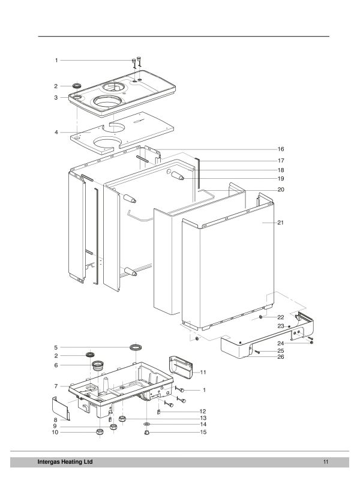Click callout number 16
click(280, 148)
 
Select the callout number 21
click(280, 223)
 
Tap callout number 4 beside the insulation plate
click(56, 132)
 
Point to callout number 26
click(280, 357)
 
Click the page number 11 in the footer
click(325, 461)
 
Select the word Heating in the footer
click(74, 461)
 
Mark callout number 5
click(56, 347)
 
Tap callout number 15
click(203, 432)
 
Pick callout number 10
click(55, 432)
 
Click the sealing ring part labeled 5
click(136, 347)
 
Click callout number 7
click(56, 386)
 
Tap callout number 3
click(56, 97)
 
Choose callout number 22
click(280, 317)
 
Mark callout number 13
click(203, 417)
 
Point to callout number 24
click(280, 344)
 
